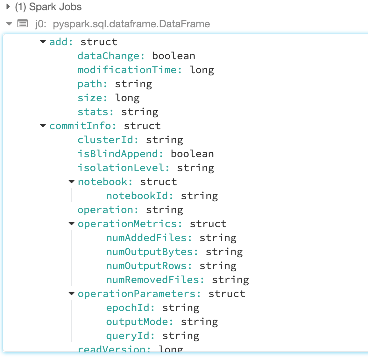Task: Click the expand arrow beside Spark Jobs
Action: (8, 7)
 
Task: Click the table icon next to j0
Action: (23, 24)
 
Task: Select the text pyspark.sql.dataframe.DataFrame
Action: (131, 24)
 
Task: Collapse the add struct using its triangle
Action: (43, 42)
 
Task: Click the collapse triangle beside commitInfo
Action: (43, 126)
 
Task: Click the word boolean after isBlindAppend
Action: (192, 154)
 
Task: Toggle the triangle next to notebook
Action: (71, 182)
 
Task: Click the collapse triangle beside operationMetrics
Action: (71, 224)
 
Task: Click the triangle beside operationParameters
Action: (71, 294)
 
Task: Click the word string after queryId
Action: (181, 336)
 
